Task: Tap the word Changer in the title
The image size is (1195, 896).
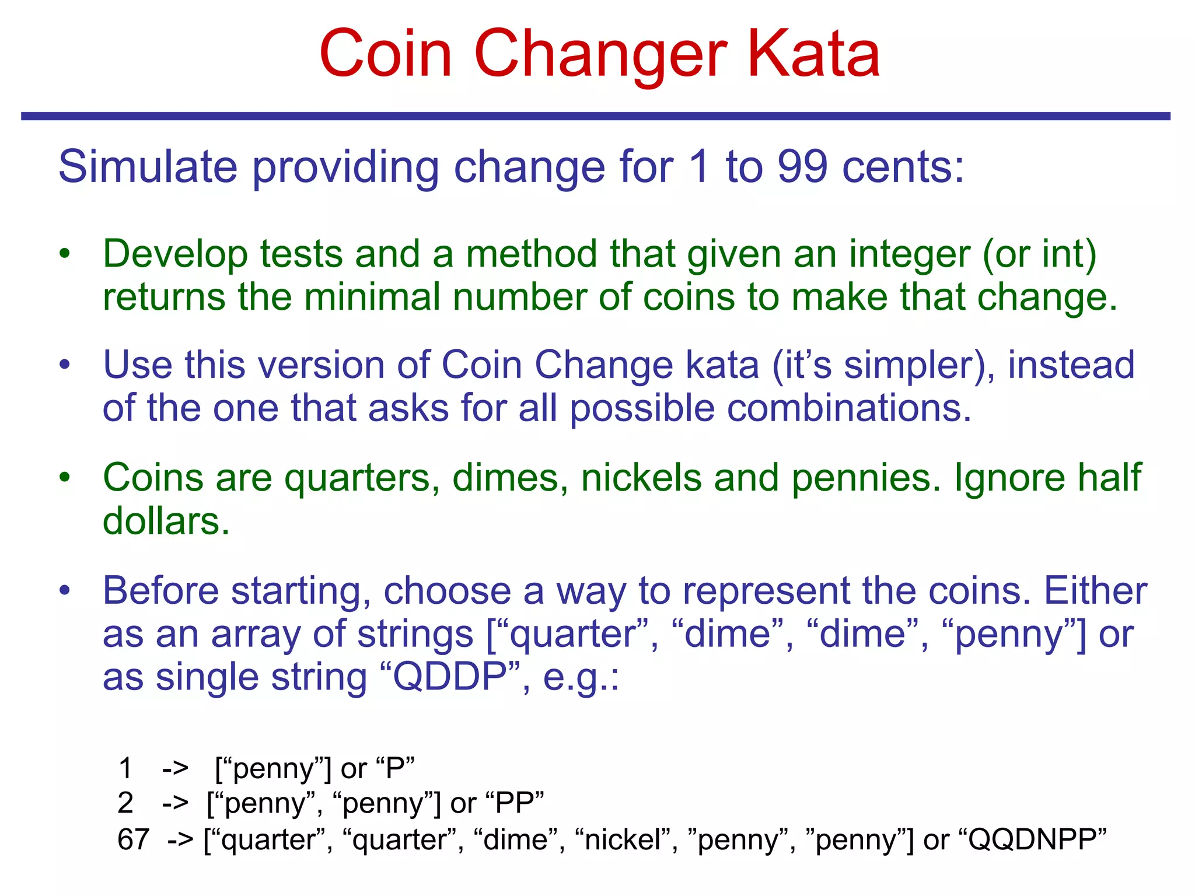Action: click(x=600, y=55)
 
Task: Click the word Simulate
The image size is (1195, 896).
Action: click(x=148, y=167)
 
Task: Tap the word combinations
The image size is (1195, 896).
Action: click(x=770, y=408)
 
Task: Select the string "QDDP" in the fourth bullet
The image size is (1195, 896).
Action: click(x=449, y=677)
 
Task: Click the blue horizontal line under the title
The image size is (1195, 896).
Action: click(x=595, y=116)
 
